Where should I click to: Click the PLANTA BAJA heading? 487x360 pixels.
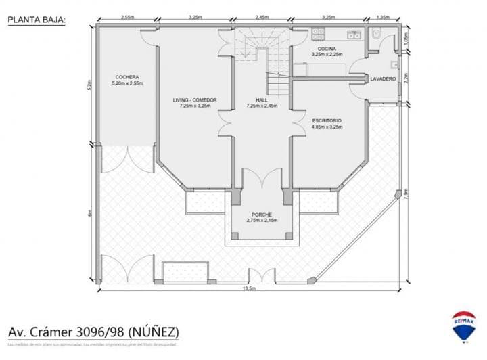(37, 20)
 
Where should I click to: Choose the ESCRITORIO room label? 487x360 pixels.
(327, 123)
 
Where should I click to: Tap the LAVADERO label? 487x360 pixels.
(383, 79)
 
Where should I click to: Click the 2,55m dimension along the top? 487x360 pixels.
(126, 16)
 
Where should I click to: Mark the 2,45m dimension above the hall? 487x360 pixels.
(262, 16)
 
